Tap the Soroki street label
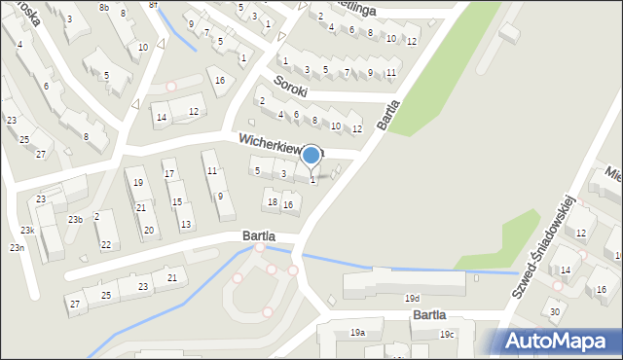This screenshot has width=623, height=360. point(290,84)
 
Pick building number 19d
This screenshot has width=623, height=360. point(413,299)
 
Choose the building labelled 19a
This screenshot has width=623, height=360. point(357,333)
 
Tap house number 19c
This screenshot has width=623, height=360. point(446,335)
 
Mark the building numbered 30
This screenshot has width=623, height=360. point(555,311)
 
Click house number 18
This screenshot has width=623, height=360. point(273,201)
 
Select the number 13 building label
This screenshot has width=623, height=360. point(186,225)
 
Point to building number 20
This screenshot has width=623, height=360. point(148,231)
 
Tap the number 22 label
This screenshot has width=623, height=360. point(105,244)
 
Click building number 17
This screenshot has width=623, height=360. point(169,174)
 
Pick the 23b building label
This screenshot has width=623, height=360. point(75,220)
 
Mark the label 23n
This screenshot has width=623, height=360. point(17,248)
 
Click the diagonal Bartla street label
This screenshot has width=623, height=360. point(389,116)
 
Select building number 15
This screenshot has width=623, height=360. point(176,201)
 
